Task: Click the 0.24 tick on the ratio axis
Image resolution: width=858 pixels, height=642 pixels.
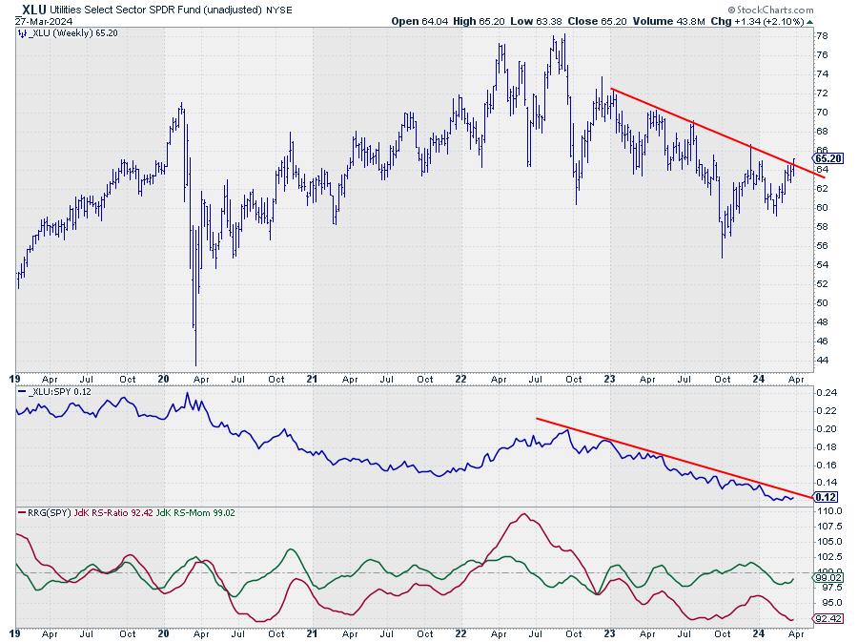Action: pyautogui.click(x=826, y=393)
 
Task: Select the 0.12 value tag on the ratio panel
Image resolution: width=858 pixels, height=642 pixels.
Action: pyautogui.click(x=826, y=497)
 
